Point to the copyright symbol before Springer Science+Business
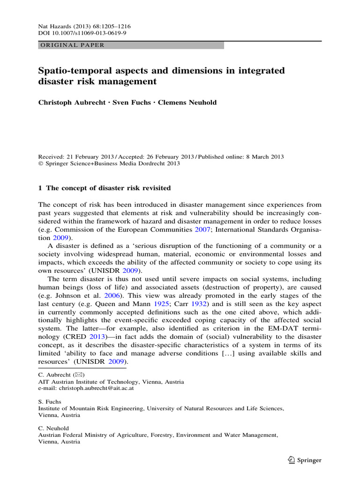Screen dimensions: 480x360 (40, 164)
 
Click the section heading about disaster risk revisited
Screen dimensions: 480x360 (104, 188)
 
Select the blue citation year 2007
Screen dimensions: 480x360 (200, 230)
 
